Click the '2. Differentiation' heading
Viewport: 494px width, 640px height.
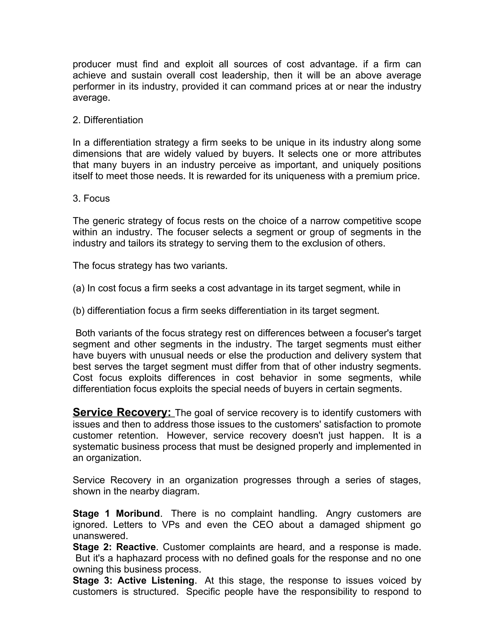pyautogui.click(x=108, y=120)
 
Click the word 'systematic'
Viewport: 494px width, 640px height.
pyautogui.click(x=96, y=447)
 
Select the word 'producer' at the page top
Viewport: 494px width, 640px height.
pyautogui.click(x=92, y=64)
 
